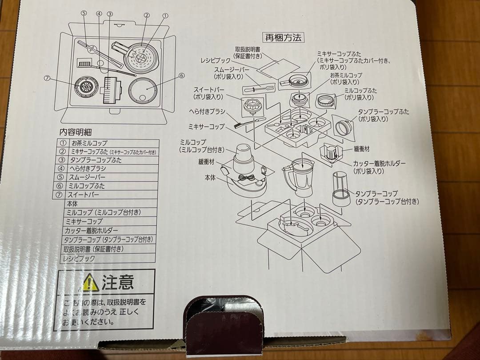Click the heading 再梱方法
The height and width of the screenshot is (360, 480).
(283, 37)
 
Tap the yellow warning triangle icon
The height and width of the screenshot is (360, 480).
(90, 283)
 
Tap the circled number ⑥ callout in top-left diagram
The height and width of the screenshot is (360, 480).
(181, 76)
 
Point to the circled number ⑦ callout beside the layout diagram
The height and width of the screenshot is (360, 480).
(47, 78)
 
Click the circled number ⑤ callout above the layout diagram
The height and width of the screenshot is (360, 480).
(84, 14)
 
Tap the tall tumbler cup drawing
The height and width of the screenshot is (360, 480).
(340, 188)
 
